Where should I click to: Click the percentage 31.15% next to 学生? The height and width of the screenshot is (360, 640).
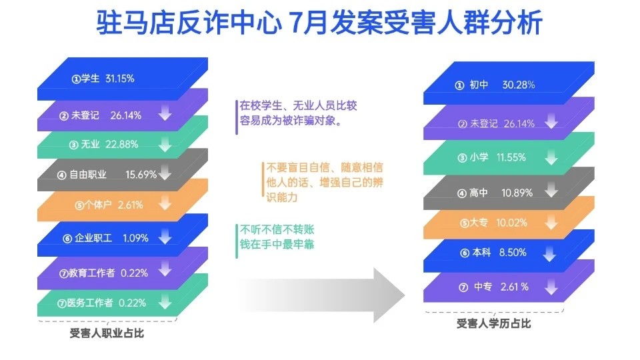(120, 79)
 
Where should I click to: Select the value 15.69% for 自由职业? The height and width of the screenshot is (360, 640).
(141, 175)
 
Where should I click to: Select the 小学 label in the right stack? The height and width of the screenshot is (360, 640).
(479, 158)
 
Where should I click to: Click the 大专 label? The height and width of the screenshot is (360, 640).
(480, 223)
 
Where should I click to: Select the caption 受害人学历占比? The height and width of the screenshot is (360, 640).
(494, 324)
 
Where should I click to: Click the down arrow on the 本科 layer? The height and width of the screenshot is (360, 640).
(550, 254)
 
